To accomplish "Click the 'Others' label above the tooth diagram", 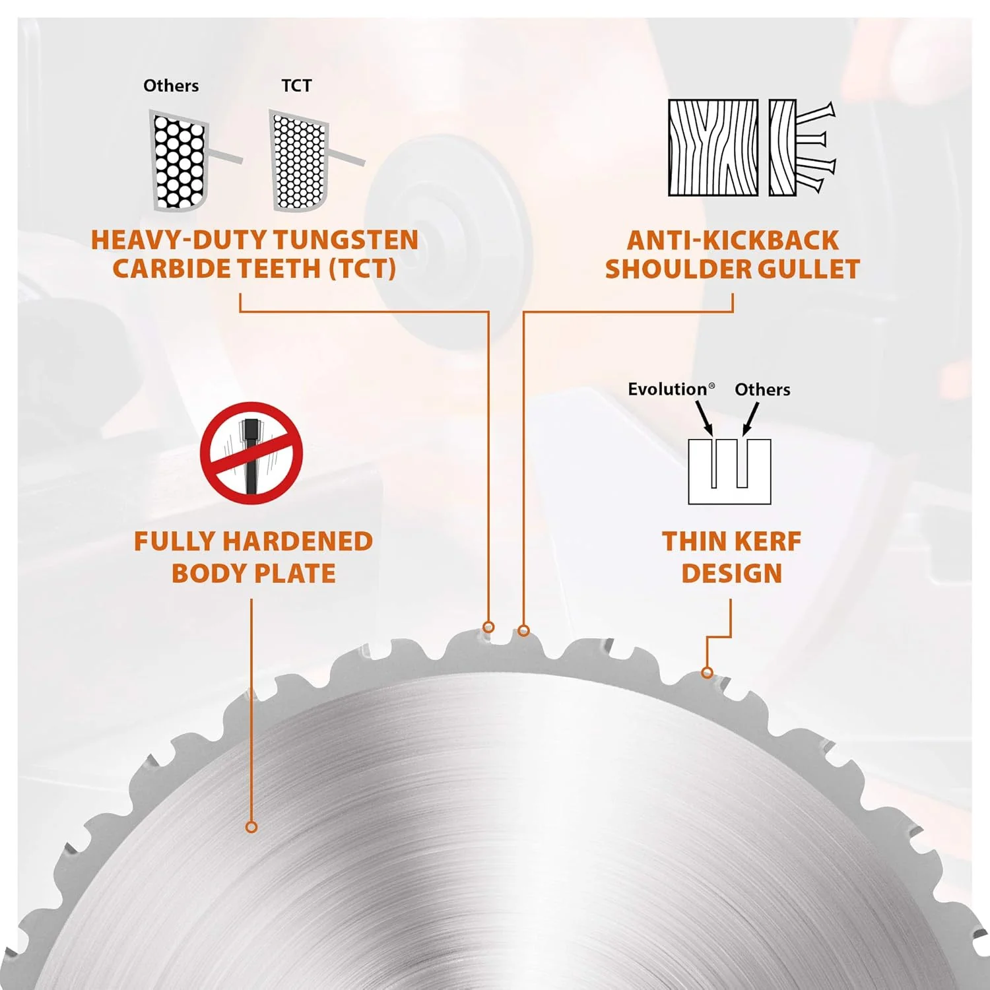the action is (x=171, y=86).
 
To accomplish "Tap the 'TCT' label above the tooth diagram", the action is (x=296, y=86).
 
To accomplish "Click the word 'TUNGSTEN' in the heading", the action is (x=346, y=240).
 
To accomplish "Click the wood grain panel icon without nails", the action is (x=713, y=147).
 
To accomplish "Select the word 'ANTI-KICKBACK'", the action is (x=733, y=240).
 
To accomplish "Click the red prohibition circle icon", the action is (x=251, y=453).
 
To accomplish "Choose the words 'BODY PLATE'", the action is (x=253, y=574).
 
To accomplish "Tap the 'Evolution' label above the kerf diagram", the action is (x=671, y=389).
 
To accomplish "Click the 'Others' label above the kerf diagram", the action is (x=762, y=389).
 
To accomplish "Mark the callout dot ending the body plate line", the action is (x=251, y=827).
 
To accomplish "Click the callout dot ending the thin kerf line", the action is (x=708, y=673).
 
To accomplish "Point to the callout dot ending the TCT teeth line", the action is (x=488, y=626).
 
